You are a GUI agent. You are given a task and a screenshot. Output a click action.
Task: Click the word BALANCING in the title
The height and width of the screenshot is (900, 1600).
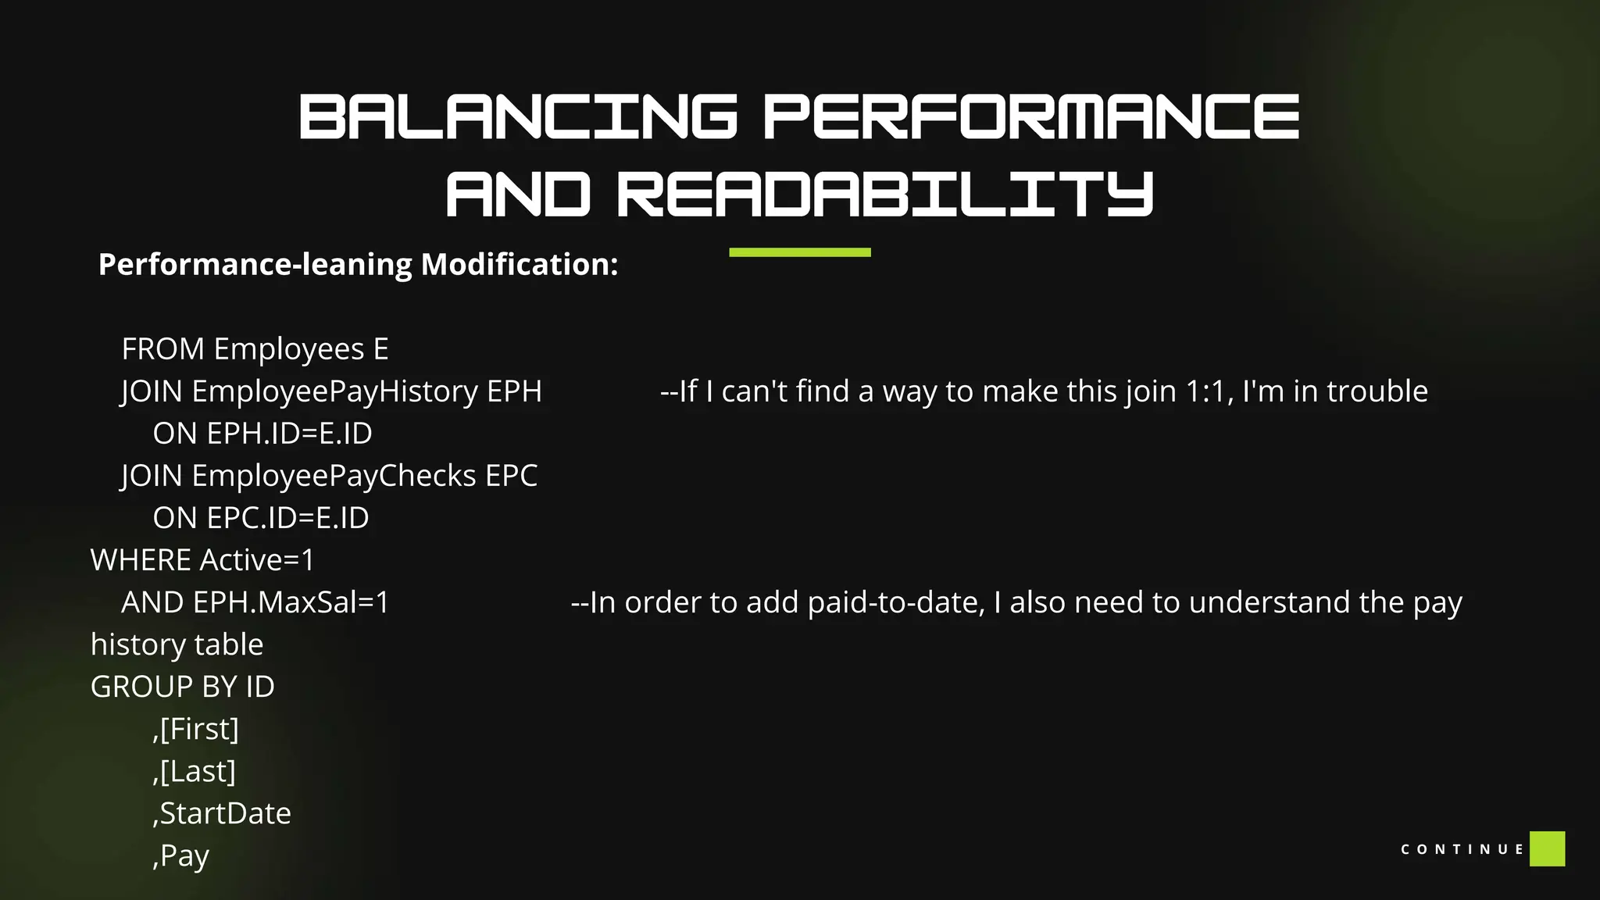pyautogui.click(x=517, y=117)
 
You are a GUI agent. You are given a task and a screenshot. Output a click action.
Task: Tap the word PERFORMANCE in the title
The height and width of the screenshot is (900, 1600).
pyautogui.click(x=1031, y=117)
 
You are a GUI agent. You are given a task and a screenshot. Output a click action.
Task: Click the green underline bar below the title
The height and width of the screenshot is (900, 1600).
pyautogui.click(x=799, y=252)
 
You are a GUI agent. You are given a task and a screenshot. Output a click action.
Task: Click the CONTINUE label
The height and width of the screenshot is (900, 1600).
pyautogui.click(x=1462, y=849)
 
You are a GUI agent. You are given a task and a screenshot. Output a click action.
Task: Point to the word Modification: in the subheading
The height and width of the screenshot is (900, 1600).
pyautogui.click(x=520, y=265)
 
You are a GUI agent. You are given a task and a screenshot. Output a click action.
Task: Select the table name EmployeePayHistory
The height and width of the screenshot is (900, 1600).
pyautogui.click(x=334, y=391)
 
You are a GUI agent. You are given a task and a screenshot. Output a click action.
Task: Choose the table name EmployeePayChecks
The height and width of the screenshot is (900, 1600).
pyautogui.click(x=334, y=476)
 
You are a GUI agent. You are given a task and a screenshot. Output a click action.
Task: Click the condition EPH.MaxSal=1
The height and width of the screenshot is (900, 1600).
pyautogui.click(x=291, y=602)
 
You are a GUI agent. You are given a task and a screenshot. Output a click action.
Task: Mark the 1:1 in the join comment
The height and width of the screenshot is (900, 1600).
pyautogui.click(x=1209, y=391)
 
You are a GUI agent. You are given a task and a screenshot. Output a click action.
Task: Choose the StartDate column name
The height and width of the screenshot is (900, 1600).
pyautogui.click(x=225, y=813)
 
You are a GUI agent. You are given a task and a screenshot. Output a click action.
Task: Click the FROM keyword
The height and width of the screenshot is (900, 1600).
pyautogui.click(x=162, y=349)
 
